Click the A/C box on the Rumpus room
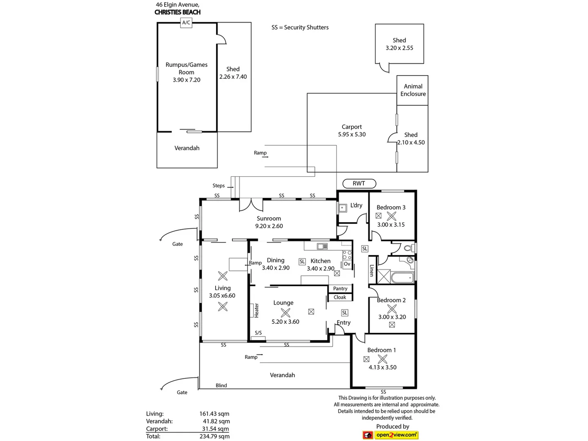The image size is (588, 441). pyautogui.click(x=186, y=23)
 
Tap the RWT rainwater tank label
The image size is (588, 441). pyautogui.click(x=359, y=183)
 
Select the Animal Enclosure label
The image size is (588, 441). pyautogui.click(x=413, y=90)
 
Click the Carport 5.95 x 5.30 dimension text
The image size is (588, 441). pyautogui.click(x=352, y=134)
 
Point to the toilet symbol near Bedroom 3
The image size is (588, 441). pyautogui.click(x=407, y=248)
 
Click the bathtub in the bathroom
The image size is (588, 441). pyautogui.click(x=402, y=278)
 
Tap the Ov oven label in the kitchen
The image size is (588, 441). pyautogui.click(x=347, y=264)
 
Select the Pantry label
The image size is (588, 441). pyautogui.click(x=340, y=288)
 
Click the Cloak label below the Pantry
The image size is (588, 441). pyautogui.click(x=340, y=297)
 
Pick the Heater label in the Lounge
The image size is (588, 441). pyautogui.click(x=256, y=310)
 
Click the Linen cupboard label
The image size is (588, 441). pyautogui.click(x=372, y=270)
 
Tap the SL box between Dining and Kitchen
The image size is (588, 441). pyautogui.click(x=302, y=261)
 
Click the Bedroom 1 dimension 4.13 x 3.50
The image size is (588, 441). pyautogui.click(x=382, y=367)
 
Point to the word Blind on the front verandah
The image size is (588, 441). pyautogui.click(x=221, y=385)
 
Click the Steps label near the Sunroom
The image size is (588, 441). pyautogui.click(x=218, y=185)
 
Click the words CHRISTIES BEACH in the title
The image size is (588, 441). pyautogui.click(x=177, y=12)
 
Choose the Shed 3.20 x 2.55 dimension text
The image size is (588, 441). pyautogui.click(x=399, y=48)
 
